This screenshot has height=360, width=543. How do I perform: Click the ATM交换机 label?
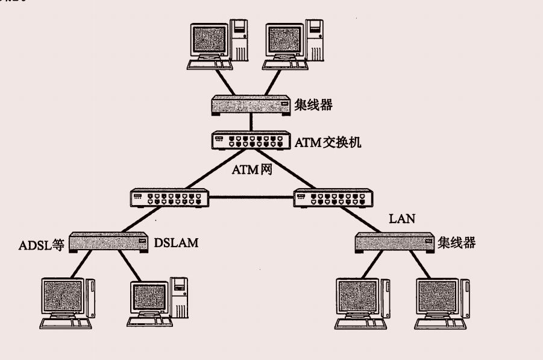(x=328, y=142)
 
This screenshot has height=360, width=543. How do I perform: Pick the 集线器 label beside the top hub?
(x=314, y=105)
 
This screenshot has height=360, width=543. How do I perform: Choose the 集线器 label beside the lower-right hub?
(x=457, y=242)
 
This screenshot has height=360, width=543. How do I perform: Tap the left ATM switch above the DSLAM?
(x=169, y=198)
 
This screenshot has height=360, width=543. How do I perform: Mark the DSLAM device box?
(x=108, y=242)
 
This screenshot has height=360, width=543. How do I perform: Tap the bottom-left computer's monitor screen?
(x=62, y=297)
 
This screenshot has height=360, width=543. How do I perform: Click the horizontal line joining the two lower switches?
(x=251, y=197)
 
